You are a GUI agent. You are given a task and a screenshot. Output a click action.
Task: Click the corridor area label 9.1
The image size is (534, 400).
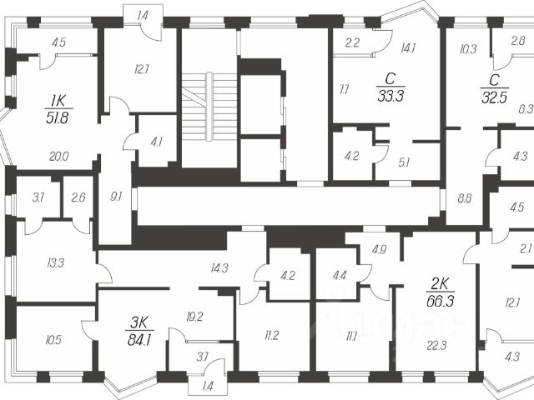pyautogui.click(x=116, y=197)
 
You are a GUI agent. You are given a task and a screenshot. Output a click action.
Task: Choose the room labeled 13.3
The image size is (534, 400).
pyautogui.click(x=56, y=263)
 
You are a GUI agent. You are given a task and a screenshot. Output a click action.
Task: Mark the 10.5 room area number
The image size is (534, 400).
pyautogui.click(x=53, y=339)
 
